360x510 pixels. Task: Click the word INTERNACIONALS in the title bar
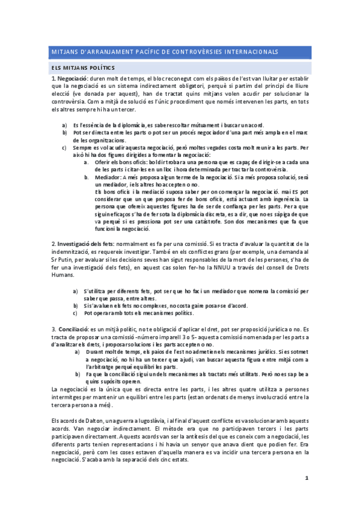(x=247, y=52)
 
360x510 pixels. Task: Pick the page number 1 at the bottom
(x=307, y=478)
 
